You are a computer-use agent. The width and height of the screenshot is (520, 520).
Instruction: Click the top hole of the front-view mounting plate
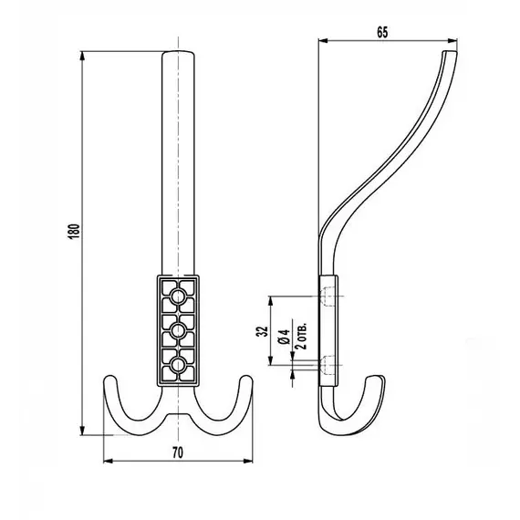pos(179,296)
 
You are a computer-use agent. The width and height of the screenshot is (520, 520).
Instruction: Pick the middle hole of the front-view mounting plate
pos(179,330)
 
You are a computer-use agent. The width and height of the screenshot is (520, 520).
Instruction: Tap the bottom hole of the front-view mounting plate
pos(179,365)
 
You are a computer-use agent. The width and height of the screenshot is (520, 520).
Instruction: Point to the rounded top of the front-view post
pos(179,54)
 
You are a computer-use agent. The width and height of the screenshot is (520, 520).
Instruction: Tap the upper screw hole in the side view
pos(330,296)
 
